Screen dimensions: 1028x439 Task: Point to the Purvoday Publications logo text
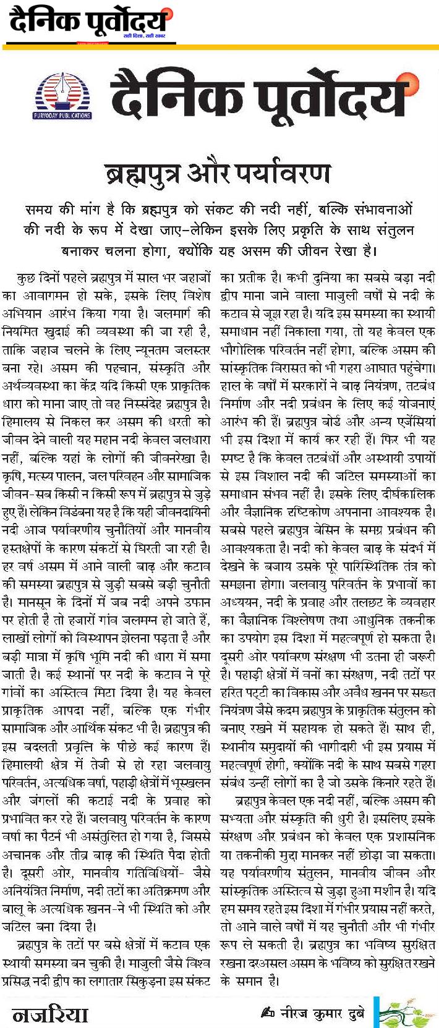pos(61,115)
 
